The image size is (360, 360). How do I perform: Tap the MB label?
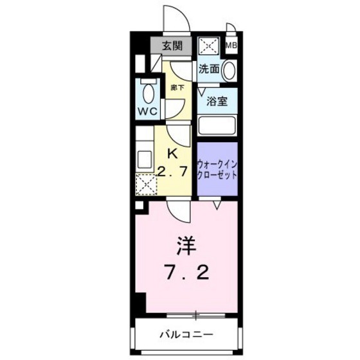coord(231,46)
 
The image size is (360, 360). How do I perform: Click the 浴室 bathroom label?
coord(217,102)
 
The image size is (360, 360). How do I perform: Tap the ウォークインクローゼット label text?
coord(217,169)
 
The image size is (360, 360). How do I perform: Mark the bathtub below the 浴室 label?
coord(217,124)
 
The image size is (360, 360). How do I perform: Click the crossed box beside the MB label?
coord(209,46)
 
